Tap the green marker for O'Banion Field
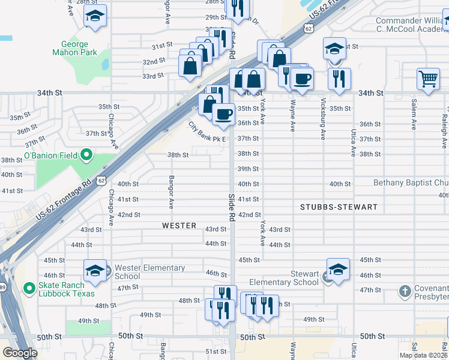[x=86, y=155]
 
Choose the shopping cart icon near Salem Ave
[x=428, y=78]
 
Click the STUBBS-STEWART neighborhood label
[x=339, y=207]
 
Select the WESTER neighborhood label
[x=179, y=226]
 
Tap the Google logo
[x=20, y=353]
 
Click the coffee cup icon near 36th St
[x=223, y=113]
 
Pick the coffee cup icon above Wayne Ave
[x=302, y=78]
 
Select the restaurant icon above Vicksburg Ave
[x=339, y=78]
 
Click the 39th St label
[x=248, y=169]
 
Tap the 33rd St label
[x=153, y=76]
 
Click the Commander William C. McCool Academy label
[x=411, y=25]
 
